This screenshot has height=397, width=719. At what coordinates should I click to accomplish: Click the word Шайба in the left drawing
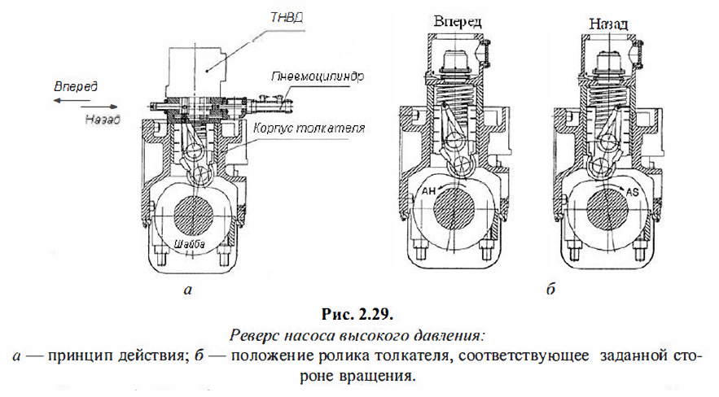point(190,244)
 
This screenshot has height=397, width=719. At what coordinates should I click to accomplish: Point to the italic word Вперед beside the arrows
point(75,86)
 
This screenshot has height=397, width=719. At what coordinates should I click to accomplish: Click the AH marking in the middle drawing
point(429,192)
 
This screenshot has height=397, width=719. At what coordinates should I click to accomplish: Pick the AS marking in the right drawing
point(635,192)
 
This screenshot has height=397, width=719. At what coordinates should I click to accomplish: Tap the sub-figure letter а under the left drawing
point(189,287)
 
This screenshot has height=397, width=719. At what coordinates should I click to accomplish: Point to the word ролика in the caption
point(343,356)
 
